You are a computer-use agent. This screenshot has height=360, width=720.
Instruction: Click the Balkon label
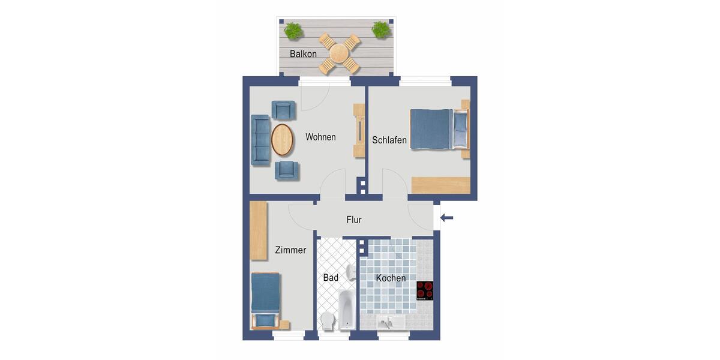(x=303, y=54)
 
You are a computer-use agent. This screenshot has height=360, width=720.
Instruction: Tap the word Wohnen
(x=320, y=137)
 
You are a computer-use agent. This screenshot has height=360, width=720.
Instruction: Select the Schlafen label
(x=389, y=140)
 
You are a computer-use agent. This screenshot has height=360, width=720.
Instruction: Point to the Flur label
(x=354, y=220)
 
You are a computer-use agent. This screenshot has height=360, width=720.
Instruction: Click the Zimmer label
(x=290, y=250)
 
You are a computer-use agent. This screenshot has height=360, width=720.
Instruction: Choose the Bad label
(x=331, y=278)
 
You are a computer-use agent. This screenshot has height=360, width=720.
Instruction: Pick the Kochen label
(x=391, y=278)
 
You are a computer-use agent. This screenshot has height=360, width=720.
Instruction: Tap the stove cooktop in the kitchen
(x=425, y=290)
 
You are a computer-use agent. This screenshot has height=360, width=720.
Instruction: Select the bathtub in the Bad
(x=347, y=309)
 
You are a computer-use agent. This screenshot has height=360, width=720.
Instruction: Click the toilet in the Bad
(x=328, y=320)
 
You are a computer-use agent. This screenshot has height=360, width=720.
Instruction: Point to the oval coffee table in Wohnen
(x=283, y=139)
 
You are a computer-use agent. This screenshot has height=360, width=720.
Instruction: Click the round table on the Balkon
(x=340, y=53)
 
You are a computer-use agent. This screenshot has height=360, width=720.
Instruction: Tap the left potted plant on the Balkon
(x=293, y=30)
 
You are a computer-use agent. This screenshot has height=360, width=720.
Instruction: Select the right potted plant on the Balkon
(x=380, y=29)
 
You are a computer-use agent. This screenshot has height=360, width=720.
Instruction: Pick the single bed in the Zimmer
(x=266, y=300)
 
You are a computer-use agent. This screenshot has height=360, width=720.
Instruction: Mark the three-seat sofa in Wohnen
(x=260, y=140)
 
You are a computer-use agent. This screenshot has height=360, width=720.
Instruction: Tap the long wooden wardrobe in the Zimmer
(x=259, y=231)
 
